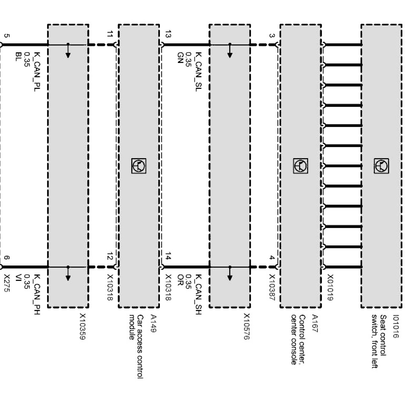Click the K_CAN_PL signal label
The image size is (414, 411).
(37, 72)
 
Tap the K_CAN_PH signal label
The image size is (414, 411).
(37, 294)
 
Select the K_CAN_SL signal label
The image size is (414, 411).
(198, 72)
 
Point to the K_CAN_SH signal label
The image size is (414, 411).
(198, 294)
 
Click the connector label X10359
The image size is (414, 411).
(82, 326)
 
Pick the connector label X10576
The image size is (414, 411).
(247, 326)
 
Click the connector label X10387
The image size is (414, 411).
(272, 288)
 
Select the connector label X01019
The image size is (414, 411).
(330, 288)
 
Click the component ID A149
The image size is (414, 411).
(154, 324)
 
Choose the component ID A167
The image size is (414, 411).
(315, 324)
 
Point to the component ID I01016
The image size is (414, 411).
(396, 326)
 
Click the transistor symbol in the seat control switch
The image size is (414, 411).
(381, 166)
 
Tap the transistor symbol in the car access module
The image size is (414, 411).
(139, 166)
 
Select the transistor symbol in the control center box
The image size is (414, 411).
(300, 166)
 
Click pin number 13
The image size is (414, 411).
(168, 35)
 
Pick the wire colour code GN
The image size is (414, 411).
(180, 57)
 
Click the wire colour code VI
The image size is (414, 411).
(19, 277)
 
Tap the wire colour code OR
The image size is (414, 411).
(180, 280)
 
